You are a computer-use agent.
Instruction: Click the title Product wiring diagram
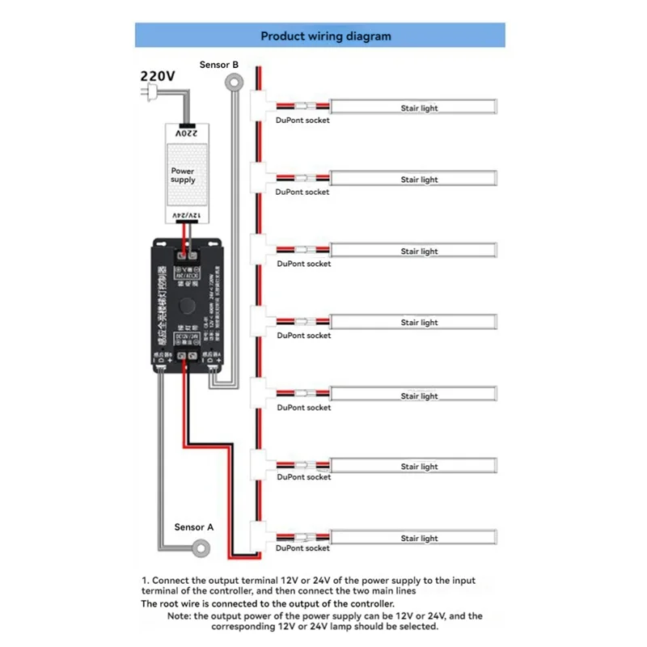[325, 36]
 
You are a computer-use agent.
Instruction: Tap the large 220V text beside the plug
[158, 75]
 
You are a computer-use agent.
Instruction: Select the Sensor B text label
[218, 64]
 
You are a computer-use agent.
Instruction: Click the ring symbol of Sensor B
[235, 80]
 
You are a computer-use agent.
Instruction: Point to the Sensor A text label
[194, 526]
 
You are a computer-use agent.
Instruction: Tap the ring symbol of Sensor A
[199, 549]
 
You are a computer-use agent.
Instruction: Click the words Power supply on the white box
[183, 175]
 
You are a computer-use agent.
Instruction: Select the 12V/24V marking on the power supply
[184, 215]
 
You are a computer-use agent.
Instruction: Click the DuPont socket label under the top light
[302, 121]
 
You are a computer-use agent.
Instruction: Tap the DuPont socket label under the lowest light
[302, 548]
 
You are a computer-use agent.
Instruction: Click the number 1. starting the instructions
[145, 581]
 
